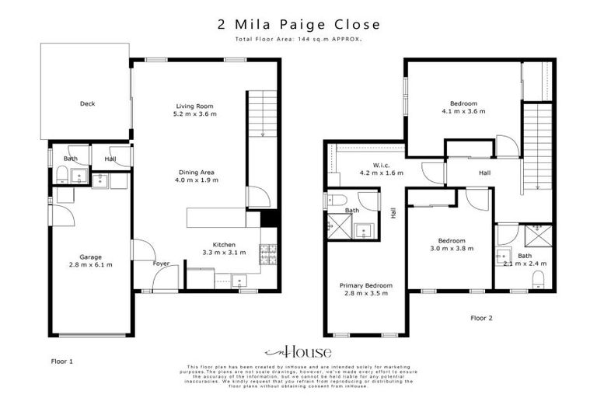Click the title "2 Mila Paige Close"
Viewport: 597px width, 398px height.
coord(298,23)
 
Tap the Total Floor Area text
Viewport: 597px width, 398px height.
coord(298,37)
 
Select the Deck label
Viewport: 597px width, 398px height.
coord(87,103)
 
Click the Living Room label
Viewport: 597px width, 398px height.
coord(194,106)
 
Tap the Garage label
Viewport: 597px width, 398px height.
coord(90,257)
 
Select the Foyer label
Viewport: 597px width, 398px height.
coord(161,264)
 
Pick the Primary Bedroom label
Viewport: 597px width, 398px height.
coord(366,285)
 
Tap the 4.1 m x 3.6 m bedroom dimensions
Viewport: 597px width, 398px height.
coord(463,111)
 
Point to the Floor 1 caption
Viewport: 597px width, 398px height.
coord(61,361)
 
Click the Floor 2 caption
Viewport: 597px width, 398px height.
coord(481,317)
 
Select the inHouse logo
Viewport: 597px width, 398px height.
coord(298,351)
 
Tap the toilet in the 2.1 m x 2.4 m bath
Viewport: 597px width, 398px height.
coord(538,278)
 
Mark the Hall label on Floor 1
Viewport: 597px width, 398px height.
coord(110,159)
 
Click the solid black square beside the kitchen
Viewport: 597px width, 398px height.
coord(269,218)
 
